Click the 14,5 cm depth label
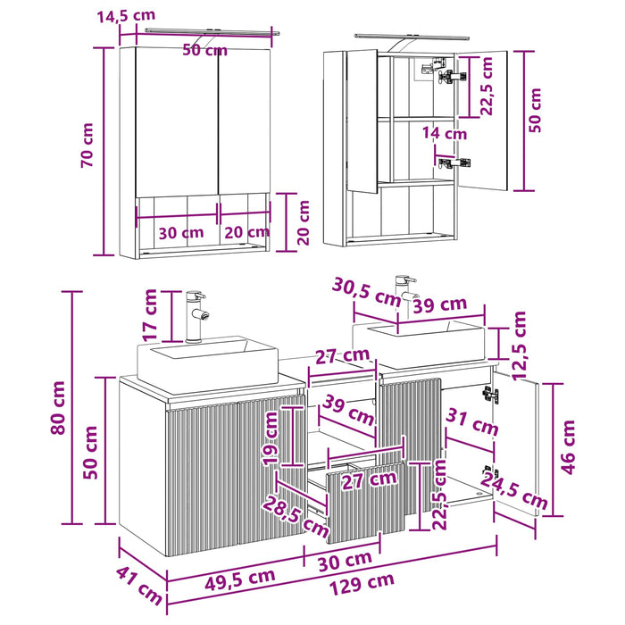(126, 16)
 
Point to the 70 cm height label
(87, 145)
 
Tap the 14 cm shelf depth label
(445, 133)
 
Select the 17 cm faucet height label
(150, 315)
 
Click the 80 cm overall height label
(58, 407)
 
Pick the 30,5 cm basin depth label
(366, 292)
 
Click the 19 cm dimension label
(271, 438)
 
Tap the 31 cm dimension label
(472, 422)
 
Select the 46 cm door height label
(569, 447)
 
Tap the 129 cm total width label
(362, 583)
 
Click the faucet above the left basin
(196, 316)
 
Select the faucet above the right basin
(405, 293)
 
